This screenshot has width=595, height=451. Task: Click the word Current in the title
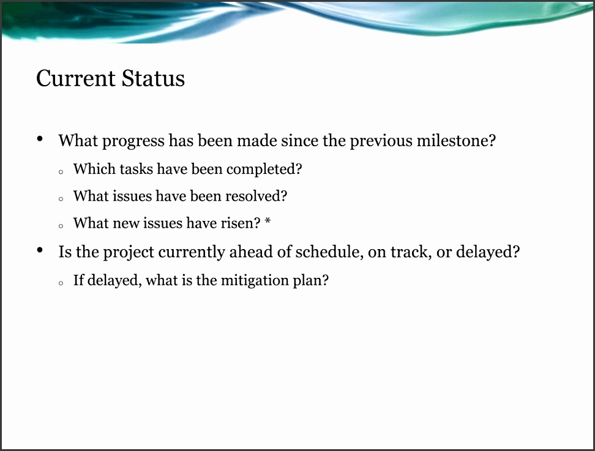[75, 78]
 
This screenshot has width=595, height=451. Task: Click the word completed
[264, 170]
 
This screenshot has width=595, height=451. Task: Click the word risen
[241, 223]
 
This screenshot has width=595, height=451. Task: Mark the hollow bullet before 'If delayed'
[61, 283]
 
